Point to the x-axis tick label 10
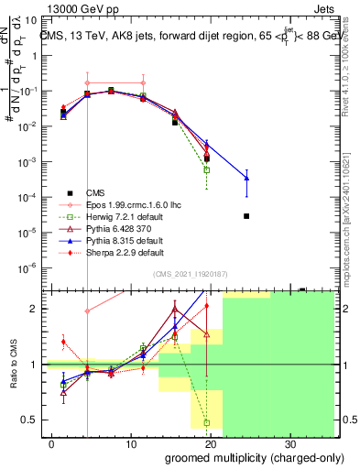tap(129, 442)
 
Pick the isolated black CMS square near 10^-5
tap(246, 216)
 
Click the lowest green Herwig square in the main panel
tap(207, 169)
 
